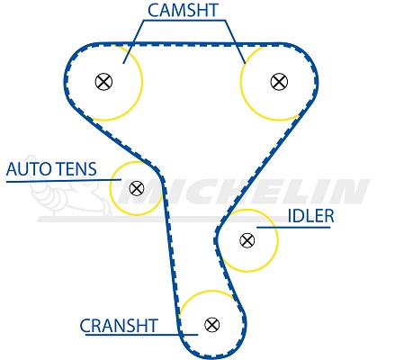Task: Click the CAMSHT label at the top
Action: (x=183, y=10)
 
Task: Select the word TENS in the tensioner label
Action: (x=76, y=169)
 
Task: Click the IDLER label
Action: (x=310, y=216)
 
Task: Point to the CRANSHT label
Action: (x=119, y=326)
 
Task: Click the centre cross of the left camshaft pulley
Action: (x=103, y=82)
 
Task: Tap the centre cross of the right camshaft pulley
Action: (x=279, y=82)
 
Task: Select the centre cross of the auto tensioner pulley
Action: (x=137, y=188)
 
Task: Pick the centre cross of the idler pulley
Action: (x=247, y=240)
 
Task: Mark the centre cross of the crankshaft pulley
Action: (x=212, y=325)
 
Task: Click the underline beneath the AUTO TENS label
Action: (x=64, y=181)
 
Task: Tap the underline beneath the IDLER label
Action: (x=293, y=228)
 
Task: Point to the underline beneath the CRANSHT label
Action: (x=141, y=335)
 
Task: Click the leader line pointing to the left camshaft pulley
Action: (x=133, y=42)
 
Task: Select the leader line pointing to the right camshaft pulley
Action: (x=235, y=42)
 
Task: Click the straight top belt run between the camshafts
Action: (x=191, y=44)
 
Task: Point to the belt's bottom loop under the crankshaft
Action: (x=212, y=355)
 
